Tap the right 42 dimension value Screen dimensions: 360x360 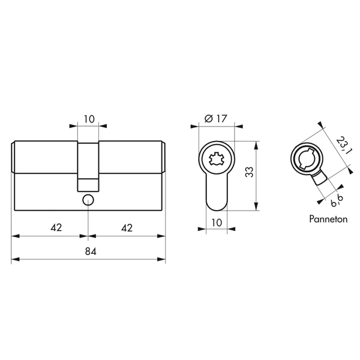click(x=127, y=227)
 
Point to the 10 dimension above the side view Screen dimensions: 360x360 click(x=89, y=119)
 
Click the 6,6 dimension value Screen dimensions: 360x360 click(x=336, y=196)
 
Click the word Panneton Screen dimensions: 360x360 click(x=328, y=220)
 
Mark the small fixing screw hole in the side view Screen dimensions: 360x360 click(x=89, y=199)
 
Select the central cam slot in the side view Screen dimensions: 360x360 click(x=89, y=162)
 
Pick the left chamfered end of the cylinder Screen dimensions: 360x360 click(x=14, y=158)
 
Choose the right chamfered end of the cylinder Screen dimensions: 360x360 click(x=164, y=158)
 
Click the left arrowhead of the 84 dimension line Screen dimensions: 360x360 click(x=15, y=260)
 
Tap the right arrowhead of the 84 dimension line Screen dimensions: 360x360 click(x=163, y=260)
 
